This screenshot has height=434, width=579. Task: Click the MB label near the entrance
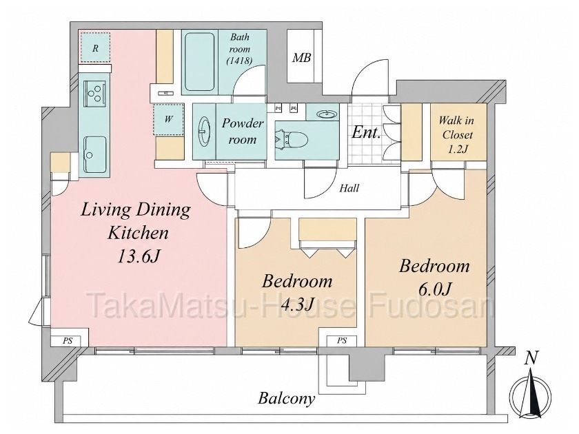click(x=302, y=58)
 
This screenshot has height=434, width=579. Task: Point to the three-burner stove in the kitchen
click(x=95, y=92)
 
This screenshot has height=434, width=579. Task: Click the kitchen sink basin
click(x=95, y=154)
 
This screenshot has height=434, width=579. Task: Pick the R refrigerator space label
click(x=96, y=48)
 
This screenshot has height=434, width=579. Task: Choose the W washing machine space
click(x=169, y=120)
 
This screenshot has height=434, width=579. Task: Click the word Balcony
click(x=287, y=399)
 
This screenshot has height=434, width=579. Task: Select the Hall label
click(x=349, y=188)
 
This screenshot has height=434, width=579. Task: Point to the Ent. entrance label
click(x=366, y=132)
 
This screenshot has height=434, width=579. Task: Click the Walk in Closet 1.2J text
click(x=457, y=135)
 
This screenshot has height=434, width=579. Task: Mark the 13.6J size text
click(x=137, y=256)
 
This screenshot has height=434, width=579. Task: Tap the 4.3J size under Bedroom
click(x=297, y=304)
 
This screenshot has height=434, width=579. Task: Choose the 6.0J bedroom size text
click(x=435, y=289)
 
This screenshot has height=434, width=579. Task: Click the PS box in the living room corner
click(x=68, y=341)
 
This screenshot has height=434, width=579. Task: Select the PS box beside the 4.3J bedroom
click(x=342, y=340)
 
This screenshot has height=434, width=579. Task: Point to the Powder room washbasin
click(x=203, y=132)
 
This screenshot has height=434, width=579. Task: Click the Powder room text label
click(x=242, y=131)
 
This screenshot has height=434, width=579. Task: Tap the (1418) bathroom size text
click(x=239, y=61)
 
